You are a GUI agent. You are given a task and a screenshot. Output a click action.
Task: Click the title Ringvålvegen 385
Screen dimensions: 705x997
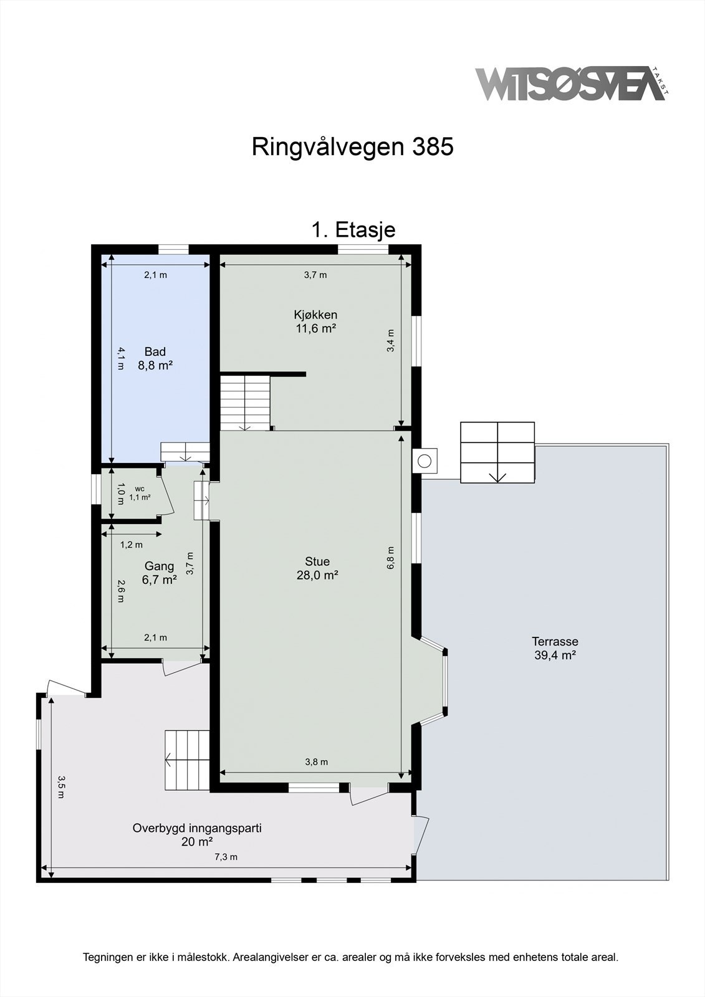click(x=353, y=147)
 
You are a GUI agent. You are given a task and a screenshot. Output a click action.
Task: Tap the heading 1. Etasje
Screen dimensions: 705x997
click(x=353, y=230)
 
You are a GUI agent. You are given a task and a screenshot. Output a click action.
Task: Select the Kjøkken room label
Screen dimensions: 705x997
click(x=315, y=322)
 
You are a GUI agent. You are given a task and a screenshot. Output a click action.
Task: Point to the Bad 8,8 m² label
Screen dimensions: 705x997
click(x=155, y=358)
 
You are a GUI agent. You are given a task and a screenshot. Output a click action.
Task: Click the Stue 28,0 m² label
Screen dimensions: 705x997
click(x=317, y=568)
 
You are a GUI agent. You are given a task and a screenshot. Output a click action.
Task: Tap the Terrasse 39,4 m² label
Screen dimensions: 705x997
click(x=555, y=648)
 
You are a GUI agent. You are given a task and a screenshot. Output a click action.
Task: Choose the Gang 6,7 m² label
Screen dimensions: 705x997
click(x=159, y=573)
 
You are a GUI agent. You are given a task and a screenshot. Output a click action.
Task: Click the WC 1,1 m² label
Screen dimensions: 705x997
click(x=140, y=494)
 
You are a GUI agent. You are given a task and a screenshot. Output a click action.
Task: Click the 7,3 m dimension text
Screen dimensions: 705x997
click(x=226, y=857)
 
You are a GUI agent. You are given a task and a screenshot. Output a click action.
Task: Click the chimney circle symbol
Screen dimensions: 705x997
click(x=424, y=461)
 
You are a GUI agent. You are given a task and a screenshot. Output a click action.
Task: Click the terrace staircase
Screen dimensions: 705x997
click(x=497, y=452)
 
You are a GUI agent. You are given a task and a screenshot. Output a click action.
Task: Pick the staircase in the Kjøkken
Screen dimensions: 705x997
click(x=245, y=403)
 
